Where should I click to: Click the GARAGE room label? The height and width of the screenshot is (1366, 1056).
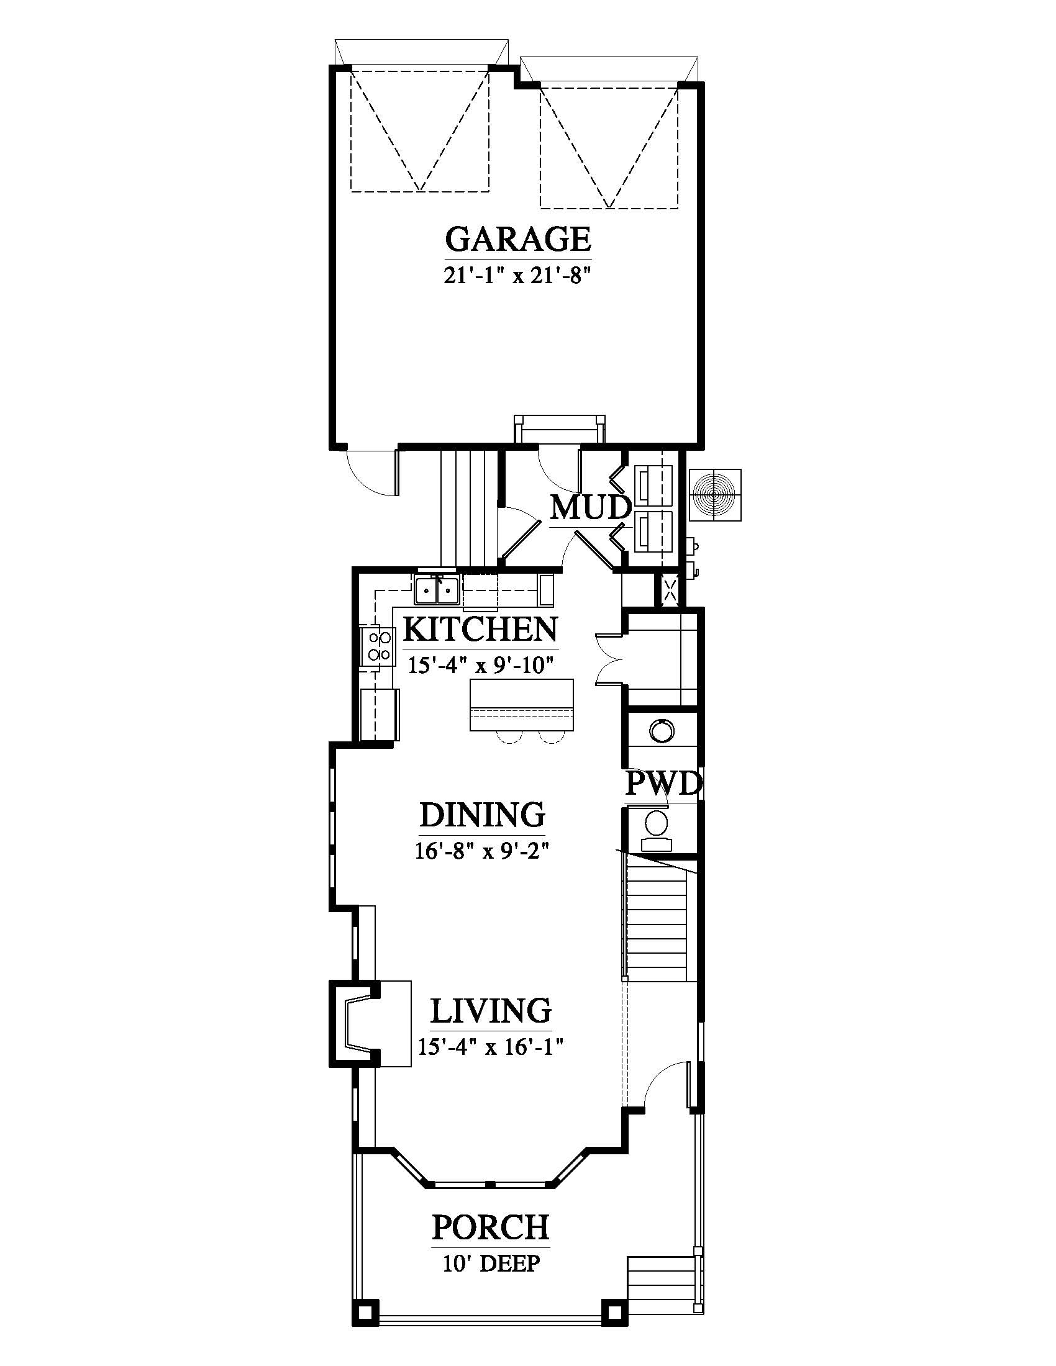(x=518, y=238)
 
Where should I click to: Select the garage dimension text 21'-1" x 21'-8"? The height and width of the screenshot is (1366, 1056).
(x=518, y=275)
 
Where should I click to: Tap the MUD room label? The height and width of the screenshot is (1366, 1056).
(x=591, y=507)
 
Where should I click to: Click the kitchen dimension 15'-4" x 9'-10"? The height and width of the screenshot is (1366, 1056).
(x=481, y=664)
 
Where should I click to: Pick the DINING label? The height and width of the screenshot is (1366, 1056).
(x=482, y=815)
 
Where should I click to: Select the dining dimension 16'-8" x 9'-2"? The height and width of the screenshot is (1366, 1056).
(x=482, y=851)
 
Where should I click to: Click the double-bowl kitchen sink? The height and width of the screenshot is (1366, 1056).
(x=437, y=589)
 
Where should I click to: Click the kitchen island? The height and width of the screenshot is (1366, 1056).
(x=522, y=704)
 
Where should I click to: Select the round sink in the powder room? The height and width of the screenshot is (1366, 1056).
(x=662, y=730)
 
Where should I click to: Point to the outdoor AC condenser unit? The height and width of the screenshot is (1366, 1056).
(x=714, y=495)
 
